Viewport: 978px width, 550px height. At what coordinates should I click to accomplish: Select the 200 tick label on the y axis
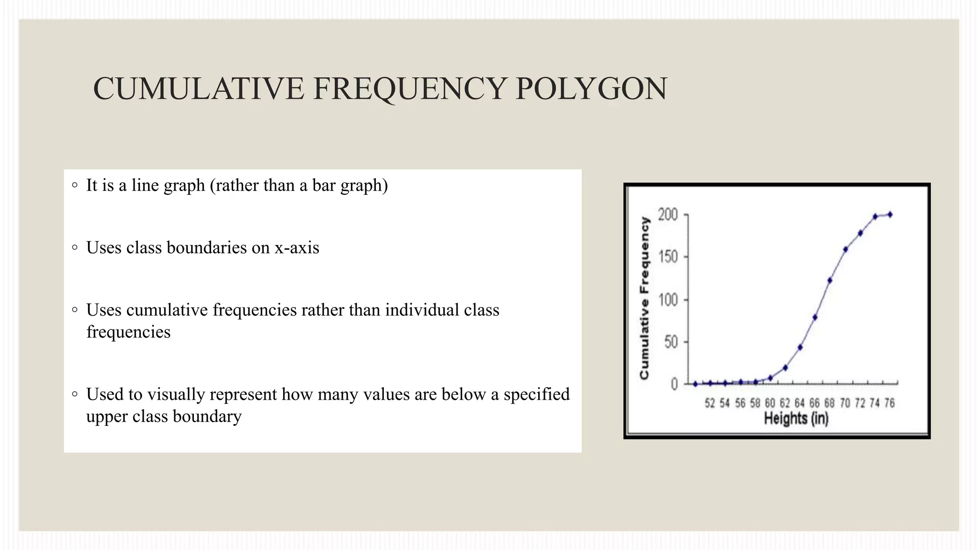tap(668, 215)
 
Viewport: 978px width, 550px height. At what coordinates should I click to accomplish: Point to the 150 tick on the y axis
tap(668, 257)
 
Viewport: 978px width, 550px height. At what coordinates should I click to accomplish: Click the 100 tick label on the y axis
tap(668, 300)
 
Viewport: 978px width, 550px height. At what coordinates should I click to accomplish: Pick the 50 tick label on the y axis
tap(671, 342)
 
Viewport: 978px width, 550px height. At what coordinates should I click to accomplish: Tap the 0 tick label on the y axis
tap(674, 384)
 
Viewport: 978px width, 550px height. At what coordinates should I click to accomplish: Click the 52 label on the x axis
tap(710, 403)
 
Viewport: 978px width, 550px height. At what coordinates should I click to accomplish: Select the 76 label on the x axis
tap(889, 403)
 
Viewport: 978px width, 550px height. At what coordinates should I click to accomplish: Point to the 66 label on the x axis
tap(814, 403)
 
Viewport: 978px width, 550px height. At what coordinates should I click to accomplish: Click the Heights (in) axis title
tap(796, 419)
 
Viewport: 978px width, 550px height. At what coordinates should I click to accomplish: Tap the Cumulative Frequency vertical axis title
tap(645, 298)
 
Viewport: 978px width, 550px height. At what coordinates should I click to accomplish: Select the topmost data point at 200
tap(890, 215)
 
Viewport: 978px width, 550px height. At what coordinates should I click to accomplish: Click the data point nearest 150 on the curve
tap(845, 249)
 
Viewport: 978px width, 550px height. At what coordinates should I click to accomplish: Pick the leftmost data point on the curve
tap(695, 384)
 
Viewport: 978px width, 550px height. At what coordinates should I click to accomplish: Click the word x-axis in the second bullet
tap(297, 248)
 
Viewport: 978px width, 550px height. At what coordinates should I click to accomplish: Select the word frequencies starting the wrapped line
tap(128, 332)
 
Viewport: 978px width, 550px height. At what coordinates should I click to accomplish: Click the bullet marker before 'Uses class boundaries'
tap(74, 247)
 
